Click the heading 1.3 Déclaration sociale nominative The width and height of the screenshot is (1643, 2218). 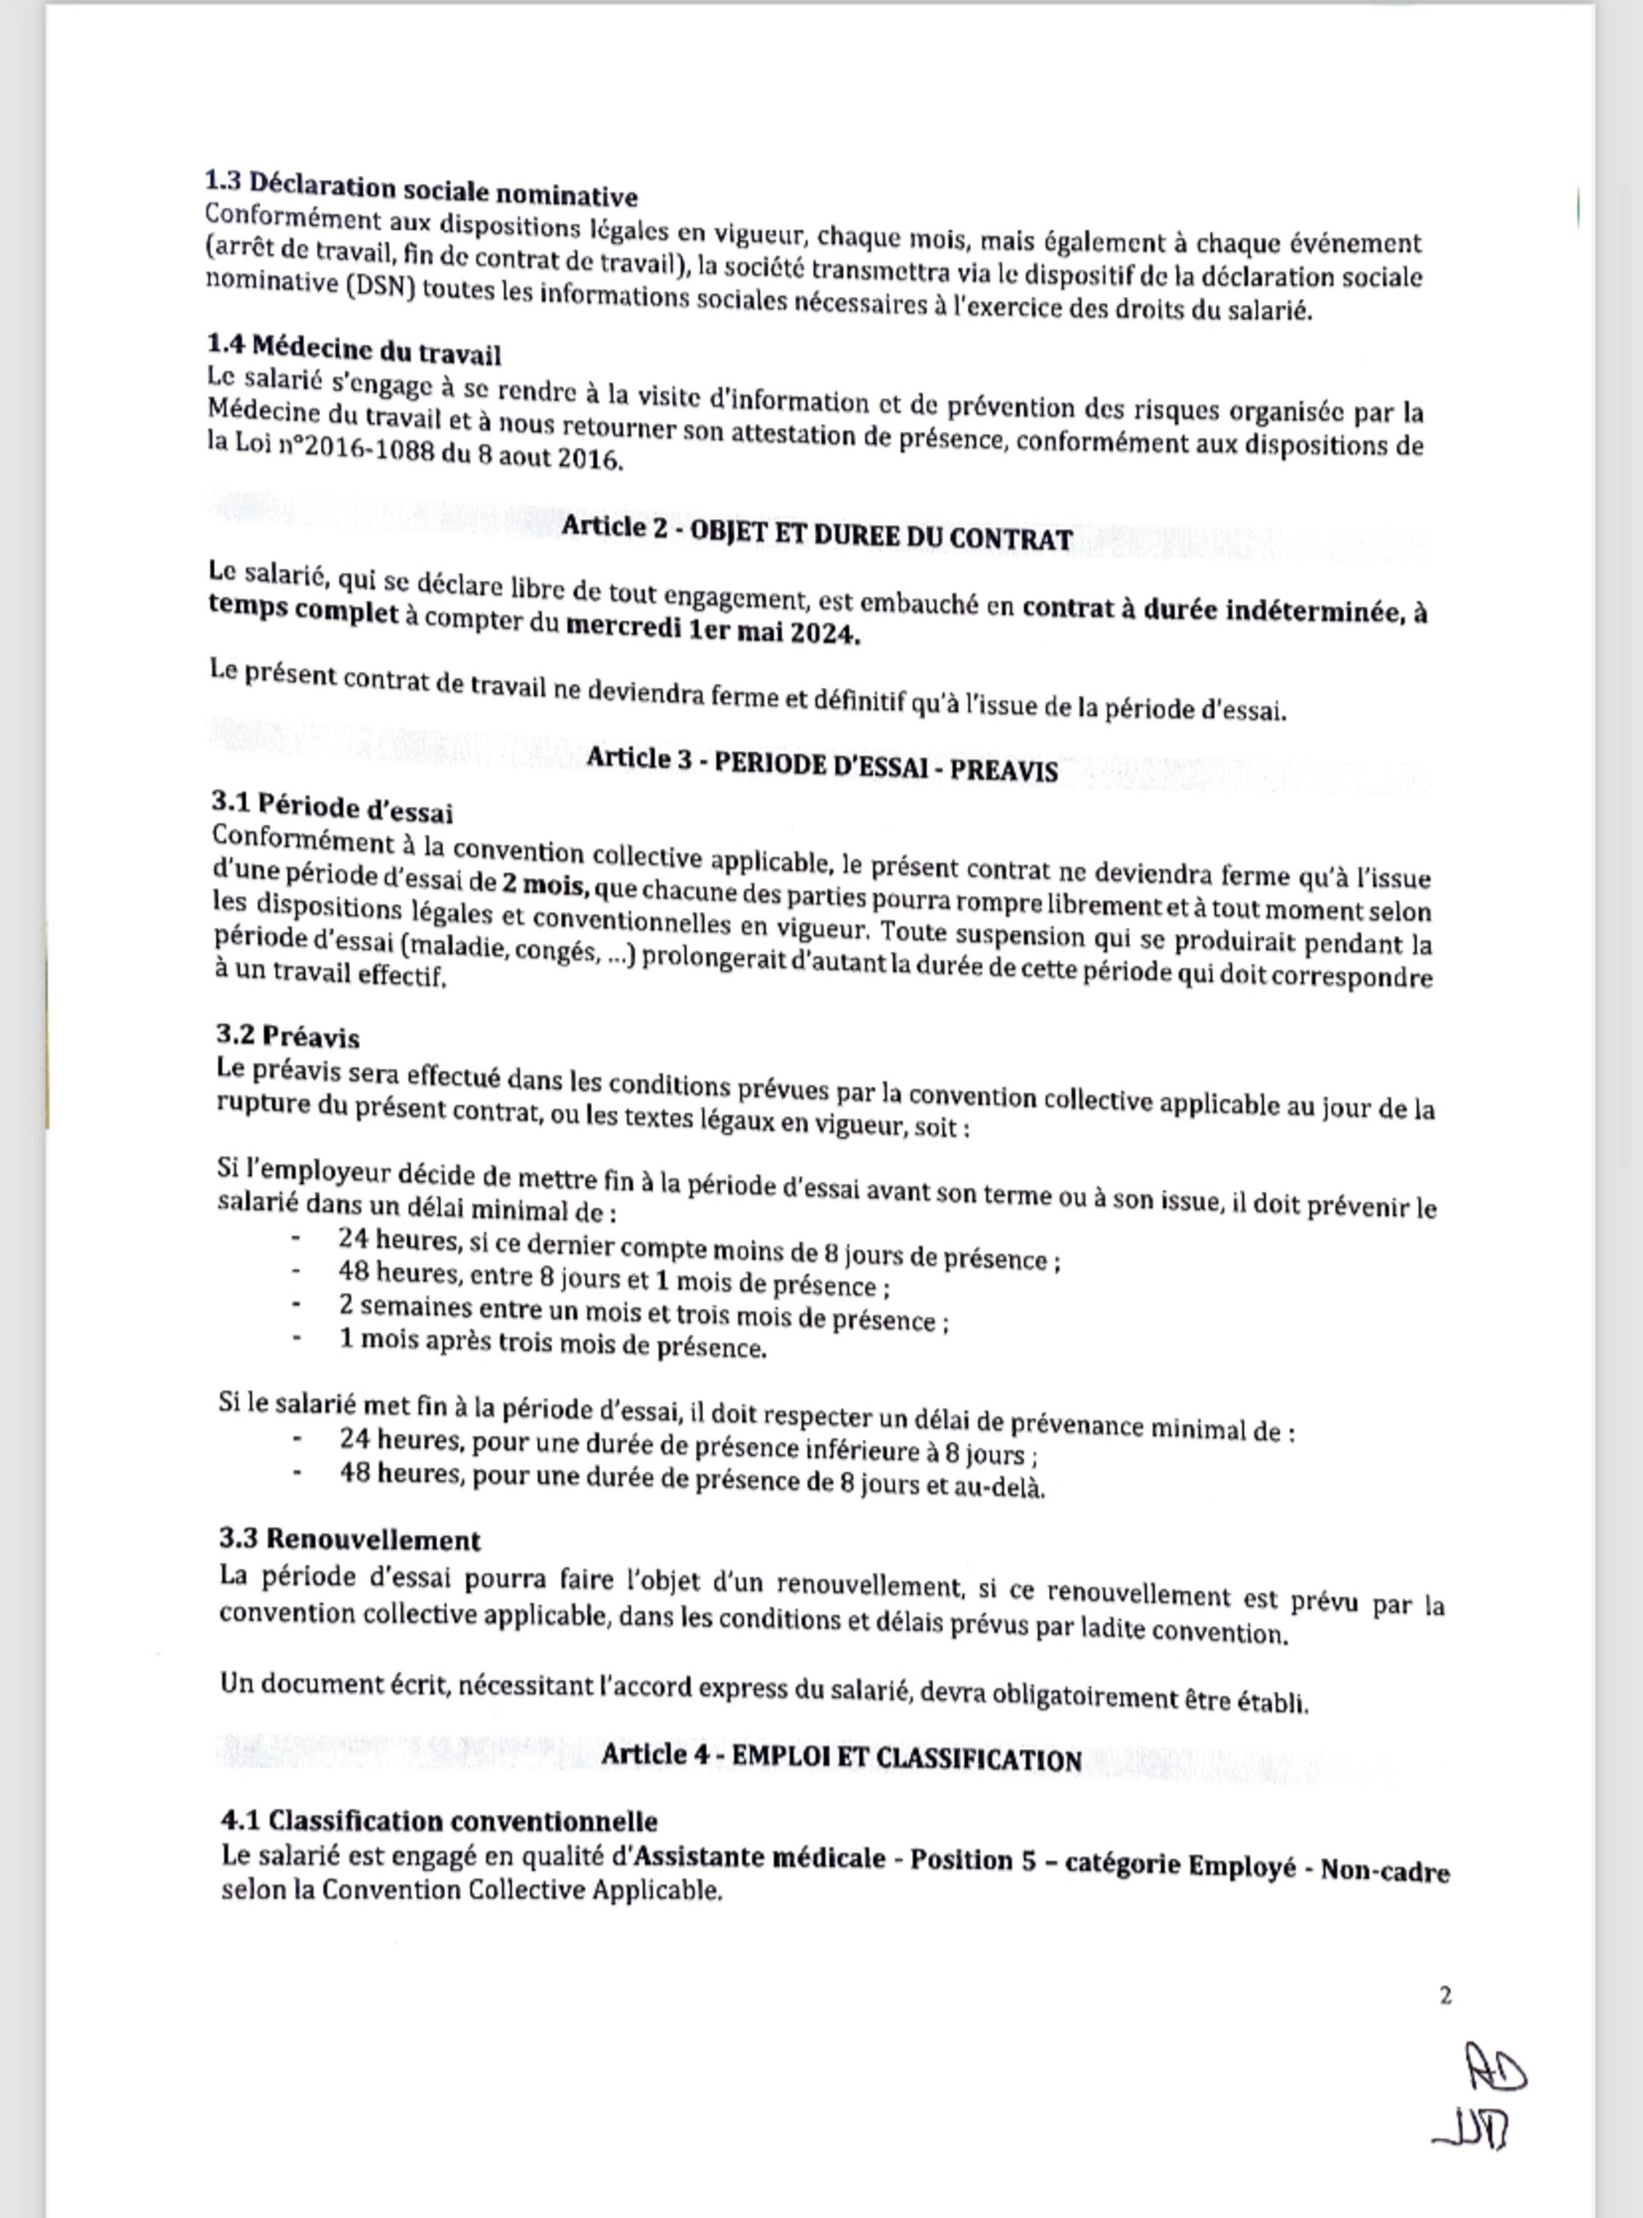pos(421,188)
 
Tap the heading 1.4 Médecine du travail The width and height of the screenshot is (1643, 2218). pos(354,349)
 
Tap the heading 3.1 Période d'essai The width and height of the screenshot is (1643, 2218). pos(334,808)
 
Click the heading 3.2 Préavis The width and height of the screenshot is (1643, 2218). pos(288,1037)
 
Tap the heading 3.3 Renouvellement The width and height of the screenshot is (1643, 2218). pos(350,1539)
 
